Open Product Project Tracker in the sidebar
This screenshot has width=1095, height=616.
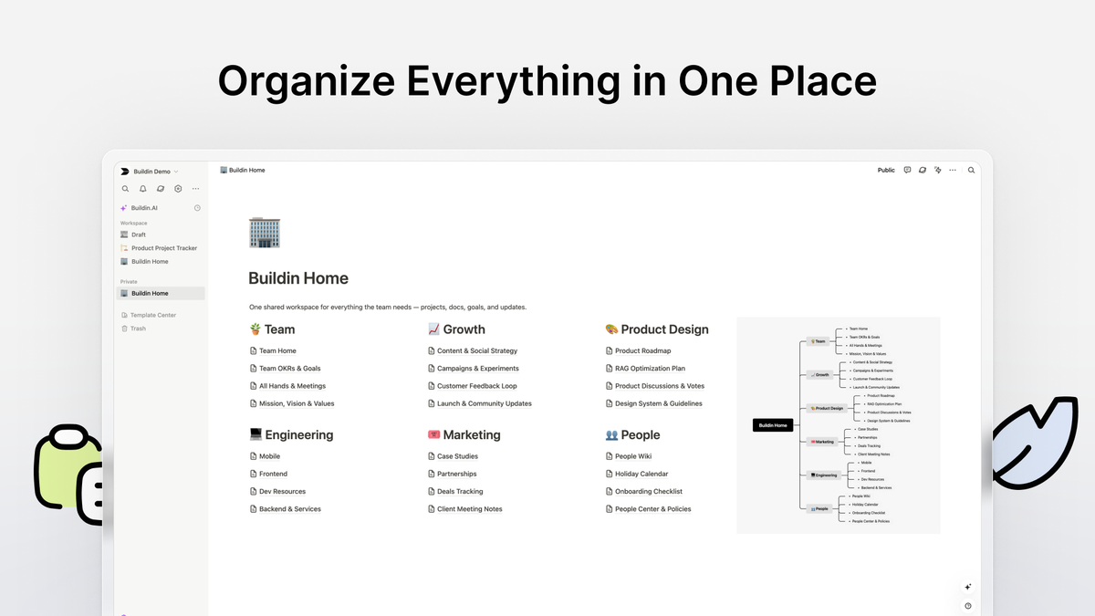pyautogui.click(x=163, y=248)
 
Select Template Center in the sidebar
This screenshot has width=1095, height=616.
pyautogui.click(x=153, y=315)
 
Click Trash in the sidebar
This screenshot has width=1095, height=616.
pyautogui.click(x=138, y=329)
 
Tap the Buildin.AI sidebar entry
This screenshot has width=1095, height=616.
pyautogui.click(x=144, y=208)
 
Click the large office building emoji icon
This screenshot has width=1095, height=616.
pyautogui.click(x=265, y=233)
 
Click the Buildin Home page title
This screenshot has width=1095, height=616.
pyautogui.click(x=298, y=278)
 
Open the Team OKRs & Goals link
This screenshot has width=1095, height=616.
pyautogui.click(x=289, y=369)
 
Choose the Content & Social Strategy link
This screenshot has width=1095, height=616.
pyautogui.click(x=476, y=350)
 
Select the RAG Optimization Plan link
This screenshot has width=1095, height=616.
pyautogui.click(x=650, y=369)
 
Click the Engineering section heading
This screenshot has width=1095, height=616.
pyautogui.click(x=298, y=435)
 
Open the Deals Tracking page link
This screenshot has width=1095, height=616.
pyautogui.click(x=460, y=492)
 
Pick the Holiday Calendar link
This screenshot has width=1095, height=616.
pyautogui.click(x=641, y=474)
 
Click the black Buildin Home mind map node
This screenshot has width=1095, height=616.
pyautogui.click(x=772, y=425)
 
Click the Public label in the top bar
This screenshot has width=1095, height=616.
pyautogui.click(x=886, y=171)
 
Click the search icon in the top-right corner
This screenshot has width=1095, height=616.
pyautogui.click(x=971, y=171)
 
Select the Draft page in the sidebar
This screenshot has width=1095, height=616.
pyautogui.click(x=138, y=235)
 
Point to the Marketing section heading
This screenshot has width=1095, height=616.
pyautogui.click(x=471, y=435)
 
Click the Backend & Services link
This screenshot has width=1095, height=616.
pyautogui.click(x=289, y=509)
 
